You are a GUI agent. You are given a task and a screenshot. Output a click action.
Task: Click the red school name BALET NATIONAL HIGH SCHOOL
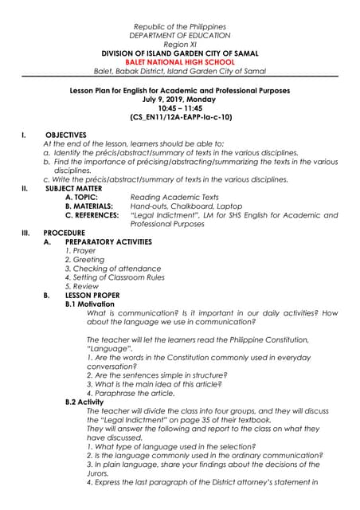[x=181, y=59]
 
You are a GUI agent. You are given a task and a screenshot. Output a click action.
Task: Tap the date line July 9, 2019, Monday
[x=181, y=100]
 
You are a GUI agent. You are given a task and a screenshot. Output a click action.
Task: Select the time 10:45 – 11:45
[x=181, y=108]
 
